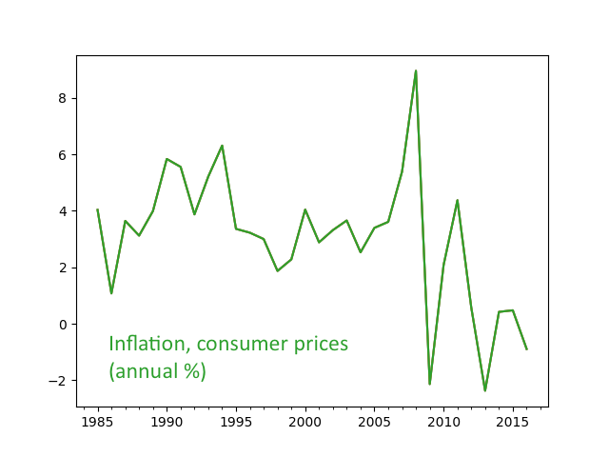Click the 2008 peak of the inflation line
[416, 70]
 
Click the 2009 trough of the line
[430, 384]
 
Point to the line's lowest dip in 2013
[485, 390]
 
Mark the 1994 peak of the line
[222, 146]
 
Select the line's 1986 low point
[111, 292]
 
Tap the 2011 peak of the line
[458, 200]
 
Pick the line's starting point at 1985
[97, 209]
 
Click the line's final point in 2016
[526, 348]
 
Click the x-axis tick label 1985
[97, 421]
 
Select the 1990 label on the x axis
[167, 421]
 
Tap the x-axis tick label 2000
[304, 421]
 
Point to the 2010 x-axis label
[443, 421]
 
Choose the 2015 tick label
[513, 421]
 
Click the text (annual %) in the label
[157, 371]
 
